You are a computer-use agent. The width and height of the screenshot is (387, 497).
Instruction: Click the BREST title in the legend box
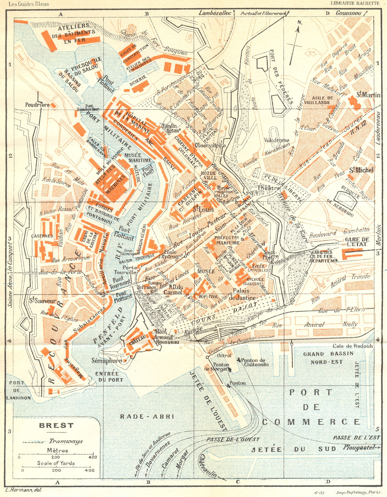56,426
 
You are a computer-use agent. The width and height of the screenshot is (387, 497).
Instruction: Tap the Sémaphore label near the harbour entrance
107,361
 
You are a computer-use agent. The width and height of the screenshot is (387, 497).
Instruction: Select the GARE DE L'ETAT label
357,242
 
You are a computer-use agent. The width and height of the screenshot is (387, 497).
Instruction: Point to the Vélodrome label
277,140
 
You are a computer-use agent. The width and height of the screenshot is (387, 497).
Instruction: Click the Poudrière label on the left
37,105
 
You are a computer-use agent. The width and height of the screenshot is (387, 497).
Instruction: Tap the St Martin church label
368,95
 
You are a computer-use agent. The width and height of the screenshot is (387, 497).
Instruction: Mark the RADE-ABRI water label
147,417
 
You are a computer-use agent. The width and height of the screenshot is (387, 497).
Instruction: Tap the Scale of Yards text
56,463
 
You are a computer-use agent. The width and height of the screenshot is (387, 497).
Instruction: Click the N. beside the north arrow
300,22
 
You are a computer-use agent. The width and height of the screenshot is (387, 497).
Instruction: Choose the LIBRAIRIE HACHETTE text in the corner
355,3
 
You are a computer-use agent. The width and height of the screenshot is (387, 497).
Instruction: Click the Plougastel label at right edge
360,448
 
